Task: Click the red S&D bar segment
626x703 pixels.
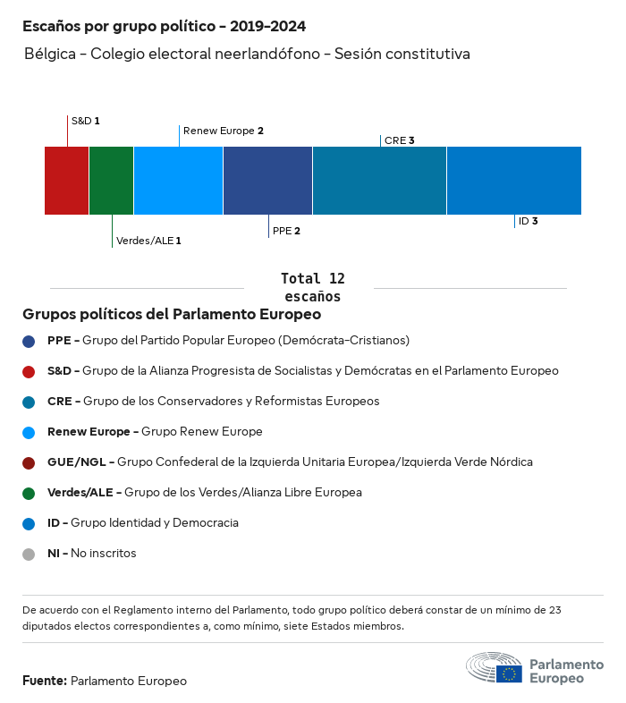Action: [66, 180]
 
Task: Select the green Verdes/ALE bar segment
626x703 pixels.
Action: [111, 180]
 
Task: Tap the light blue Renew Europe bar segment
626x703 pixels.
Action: [178, 180]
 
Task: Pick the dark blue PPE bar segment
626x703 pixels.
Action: [267, 180]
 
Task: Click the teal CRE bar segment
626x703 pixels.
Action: [379, 180]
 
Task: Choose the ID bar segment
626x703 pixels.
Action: [513, 180]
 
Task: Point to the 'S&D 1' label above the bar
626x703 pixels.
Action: [85, 120]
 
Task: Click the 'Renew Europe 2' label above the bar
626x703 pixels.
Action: [223, 131]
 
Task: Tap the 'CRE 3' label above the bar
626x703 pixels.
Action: [399, 140]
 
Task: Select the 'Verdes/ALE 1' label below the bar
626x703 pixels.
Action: [148, 241]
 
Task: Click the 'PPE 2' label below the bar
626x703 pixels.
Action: [286, 231]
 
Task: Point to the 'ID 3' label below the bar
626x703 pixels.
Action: [528, 221]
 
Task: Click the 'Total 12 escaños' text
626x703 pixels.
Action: [312, 287]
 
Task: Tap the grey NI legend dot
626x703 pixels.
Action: [29, 554]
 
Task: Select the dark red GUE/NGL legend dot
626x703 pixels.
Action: [29, 462]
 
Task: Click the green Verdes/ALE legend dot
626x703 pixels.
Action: [29, 493]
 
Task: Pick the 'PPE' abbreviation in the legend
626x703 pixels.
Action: [58, 341]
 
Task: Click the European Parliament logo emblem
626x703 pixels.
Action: [494, 668]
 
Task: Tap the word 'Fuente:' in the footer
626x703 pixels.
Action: [45, 681]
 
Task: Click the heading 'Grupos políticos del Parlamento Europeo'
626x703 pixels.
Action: [172, 315]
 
